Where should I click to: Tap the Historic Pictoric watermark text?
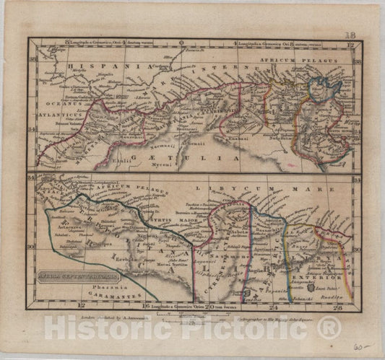tap(192, 328)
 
